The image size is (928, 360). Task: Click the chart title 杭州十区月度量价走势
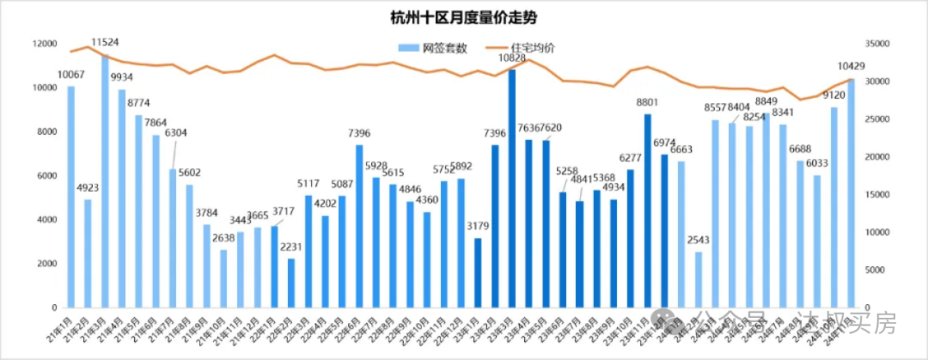(463, 17)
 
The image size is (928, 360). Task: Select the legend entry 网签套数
(444, 48)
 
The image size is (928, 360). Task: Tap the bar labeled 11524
(105, 180)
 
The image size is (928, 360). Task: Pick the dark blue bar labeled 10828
(512, 188)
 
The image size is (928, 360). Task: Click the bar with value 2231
(291, 283)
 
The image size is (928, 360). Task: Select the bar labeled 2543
(699, 279)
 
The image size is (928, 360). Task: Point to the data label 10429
(851, 66)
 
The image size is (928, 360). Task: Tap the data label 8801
(647, 102)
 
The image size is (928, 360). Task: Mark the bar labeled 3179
(478, 272)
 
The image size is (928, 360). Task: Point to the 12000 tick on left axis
(45, 44)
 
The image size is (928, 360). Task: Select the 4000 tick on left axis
(47, 220)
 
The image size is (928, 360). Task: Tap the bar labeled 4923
(88, 253)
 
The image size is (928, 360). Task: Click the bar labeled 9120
(833, 207)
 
